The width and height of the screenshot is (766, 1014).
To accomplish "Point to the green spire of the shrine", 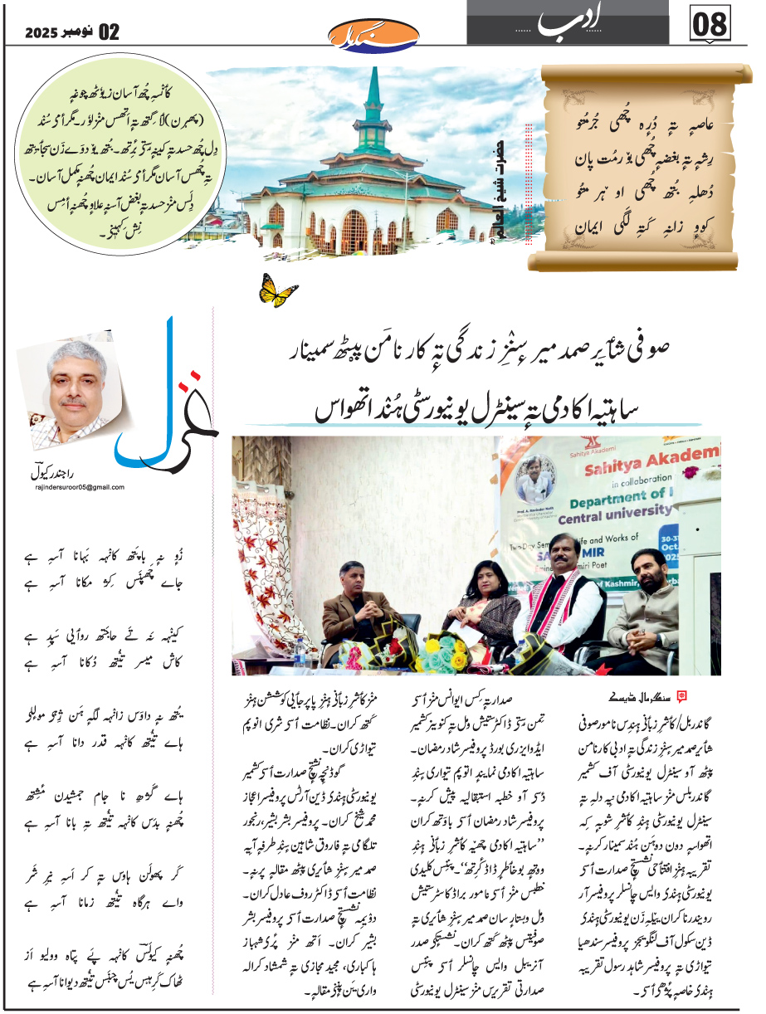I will (x=373, y=100).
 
